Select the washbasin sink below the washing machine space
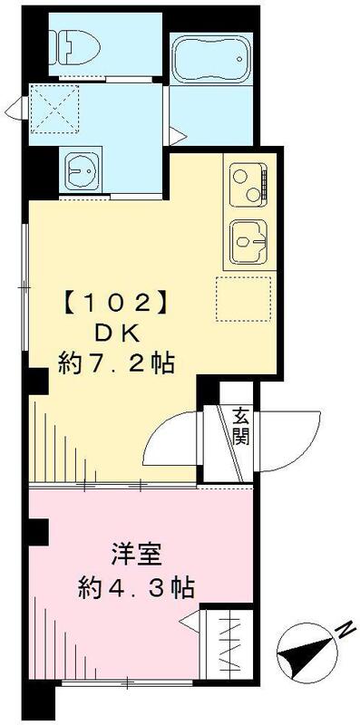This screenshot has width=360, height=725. coord(87,169)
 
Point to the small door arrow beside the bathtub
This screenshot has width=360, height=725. coord(181,138)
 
